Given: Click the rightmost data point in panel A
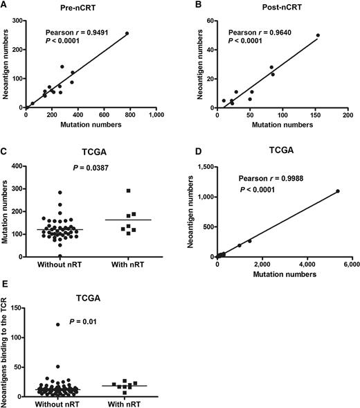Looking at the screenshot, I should coord(127,33).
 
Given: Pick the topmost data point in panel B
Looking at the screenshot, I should coord(318,35).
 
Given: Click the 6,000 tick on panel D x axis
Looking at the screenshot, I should coord(348,264).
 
